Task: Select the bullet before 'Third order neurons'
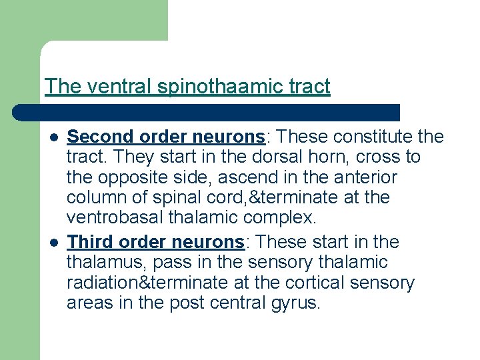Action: [54, 242]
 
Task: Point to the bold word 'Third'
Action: [89, 241]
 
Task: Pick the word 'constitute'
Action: [367, 137]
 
